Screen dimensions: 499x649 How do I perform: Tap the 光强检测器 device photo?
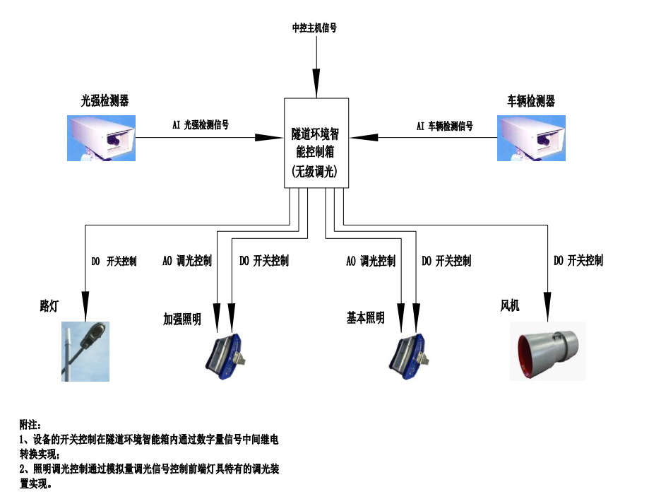(x=100, y=137)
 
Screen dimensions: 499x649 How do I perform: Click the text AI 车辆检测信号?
(x=444, y=126)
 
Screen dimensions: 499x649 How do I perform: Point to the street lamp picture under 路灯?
(x=85, y=351)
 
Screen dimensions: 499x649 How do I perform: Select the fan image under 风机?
(x=547, y=351)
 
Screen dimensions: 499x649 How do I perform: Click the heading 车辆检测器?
(x=531, y=101)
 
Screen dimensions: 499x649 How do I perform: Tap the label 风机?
(x=510, y=305)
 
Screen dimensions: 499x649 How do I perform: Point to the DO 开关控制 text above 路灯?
(x=114, y=262)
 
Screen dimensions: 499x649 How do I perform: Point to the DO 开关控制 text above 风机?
(x=578, y=261)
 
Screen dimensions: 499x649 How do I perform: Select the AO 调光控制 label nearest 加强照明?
(x=186, y=261)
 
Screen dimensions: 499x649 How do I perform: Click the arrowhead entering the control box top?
(x=317, y=84)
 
